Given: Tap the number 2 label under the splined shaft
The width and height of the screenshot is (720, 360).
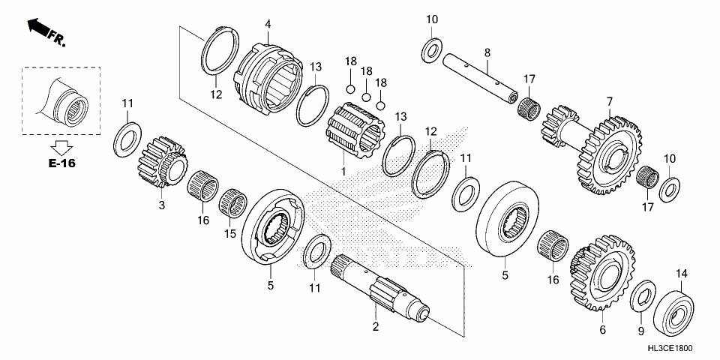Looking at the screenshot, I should tap(376, 326).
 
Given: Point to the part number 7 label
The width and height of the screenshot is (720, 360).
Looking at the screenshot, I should tap(610, 101).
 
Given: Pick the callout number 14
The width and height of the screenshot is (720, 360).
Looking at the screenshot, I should tap(682, 273).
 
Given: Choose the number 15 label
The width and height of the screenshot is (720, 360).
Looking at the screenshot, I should tap(232, 234).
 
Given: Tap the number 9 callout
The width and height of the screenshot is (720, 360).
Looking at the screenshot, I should tap(640, 330).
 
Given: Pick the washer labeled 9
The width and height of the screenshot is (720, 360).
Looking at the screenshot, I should tap(642, 297).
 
